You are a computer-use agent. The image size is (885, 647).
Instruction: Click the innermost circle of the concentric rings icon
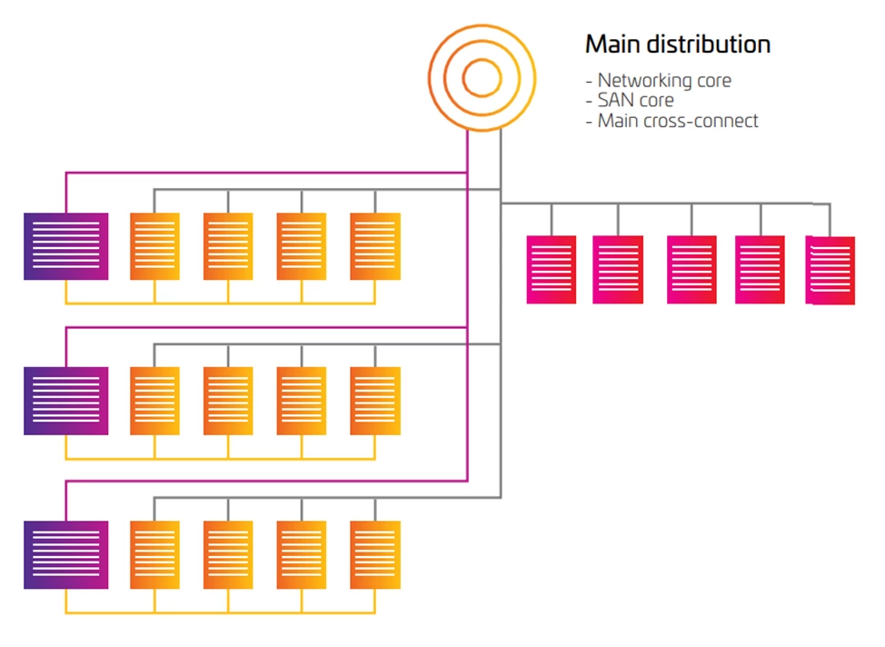[x=481, y=79]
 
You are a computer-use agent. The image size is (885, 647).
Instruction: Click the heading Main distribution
[x=677, y=44]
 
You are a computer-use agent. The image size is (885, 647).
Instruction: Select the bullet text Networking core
[x=663, y=81]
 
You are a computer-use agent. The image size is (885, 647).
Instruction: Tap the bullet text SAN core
[x=635, y=101]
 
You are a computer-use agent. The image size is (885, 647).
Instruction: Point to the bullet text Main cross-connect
[x=677, y=121]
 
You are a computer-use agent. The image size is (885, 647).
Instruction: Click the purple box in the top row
[x=65, y=246]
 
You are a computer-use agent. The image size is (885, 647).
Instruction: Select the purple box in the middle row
[x=65, y=401]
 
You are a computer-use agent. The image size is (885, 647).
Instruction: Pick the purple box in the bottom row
[x=65, y=554]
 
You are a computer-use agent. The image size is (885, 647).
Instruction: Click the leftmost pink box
[x=552, y=269]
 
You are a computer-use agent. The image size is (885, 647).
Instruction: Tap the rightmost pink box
[x=830, y=270]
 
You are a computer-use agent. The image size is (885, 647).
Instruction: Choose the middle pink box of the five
[x=691, y=269]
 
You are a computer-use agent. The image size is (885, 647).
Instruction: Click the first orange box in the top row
[x=154, y=246]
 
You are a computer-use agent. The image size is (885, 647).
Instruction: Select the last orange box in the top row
[x=375, y=246]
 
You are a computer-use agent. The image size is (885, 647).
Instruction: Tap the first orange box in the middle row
[x=154, y=401]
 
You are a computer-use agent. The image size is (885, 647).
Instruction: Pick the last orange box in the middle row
[x=375, y=401]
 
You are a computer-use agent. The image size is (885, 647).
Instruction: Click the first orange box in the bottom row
[x=154, y=554]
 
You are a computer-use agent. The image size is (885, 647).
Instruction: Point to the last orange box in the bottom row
[x=375, y=554]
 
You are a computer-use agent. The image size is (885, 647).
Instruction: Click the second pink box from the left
[x=618, y=269]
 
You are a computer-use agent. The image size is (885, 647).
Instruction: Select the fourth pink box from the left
[x=760, y=269]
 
